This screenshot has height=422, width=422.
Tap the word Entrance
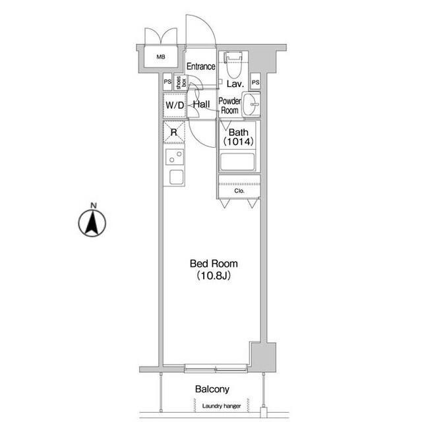point(200,67)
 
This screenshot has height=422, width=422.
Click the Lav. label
point(235,84)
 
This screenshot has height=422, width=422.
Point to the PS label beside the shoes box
point(167,82)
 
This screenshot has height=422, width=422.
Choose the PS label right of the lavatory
point(255,82)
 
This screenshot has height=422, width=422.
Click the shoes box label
point(179,83)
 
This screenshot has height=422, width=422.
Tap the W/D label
point(174,105)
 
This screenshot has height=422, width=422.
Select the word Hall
point(201,105)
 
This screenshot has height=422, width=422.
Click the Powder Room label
point(229,106)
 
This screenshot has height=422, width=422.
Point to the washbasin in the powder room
point(251,104)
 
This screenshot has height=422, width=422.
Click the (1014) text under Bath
point(238,141)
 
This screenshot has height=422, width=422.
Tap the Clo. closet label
point(239,191)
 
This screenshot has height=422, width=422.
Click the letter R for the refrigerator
point(173,133)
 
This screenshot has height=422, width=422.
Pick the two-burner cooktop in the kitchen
point(175,157)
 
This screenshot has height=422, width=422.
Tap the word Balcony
point(212,389)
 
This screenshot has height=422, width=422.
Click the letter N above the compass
point(93,206)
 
